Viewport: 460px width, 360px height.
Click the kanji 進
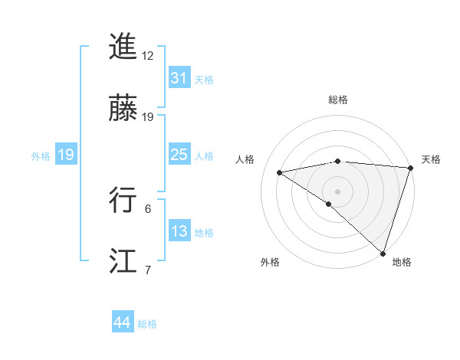(x=123, y=47)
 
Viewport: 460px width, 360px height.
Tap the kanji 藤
(x=123, y=110)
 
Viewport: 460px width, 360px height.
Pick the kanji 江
(x=123, y=261)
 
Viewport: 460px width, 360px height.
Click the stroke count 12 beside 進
(x=148, y=56)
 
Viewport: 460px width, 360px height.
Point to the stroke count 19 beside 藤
(x=148, y=117)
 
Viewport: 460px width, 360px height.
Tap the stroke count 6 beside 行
(x=148, y=208)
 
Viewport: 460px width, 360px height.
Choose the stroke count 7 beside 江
(x=148, y=270)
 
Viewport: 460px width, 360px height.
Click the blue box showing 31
(x=179, y=77)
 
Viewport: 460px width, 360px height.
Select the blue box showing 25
(x=179, y=155)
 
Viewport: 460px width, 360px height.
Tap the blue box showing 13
(x=179, y=231)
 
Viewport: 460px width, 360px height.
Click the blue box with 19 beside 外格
(x=65, y=155)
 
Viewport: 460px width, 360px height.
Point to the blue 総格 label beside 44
(x=147, y=324)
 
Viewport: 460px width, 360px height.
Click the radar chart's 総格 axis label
(x=337, y=100)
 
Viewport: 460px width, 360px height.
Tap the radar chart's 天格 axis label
(x=431, y=159)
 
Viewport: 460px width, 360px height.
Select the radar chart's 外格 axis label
(x=270, y=262)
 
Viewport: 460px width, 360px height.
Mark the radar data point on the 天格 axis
(x=410, y=168)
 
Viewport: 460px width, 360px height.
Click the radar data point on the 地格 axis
(x=383, y=252)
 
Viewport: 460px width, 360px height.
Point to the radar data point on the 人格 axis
(x=280, y=172)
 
